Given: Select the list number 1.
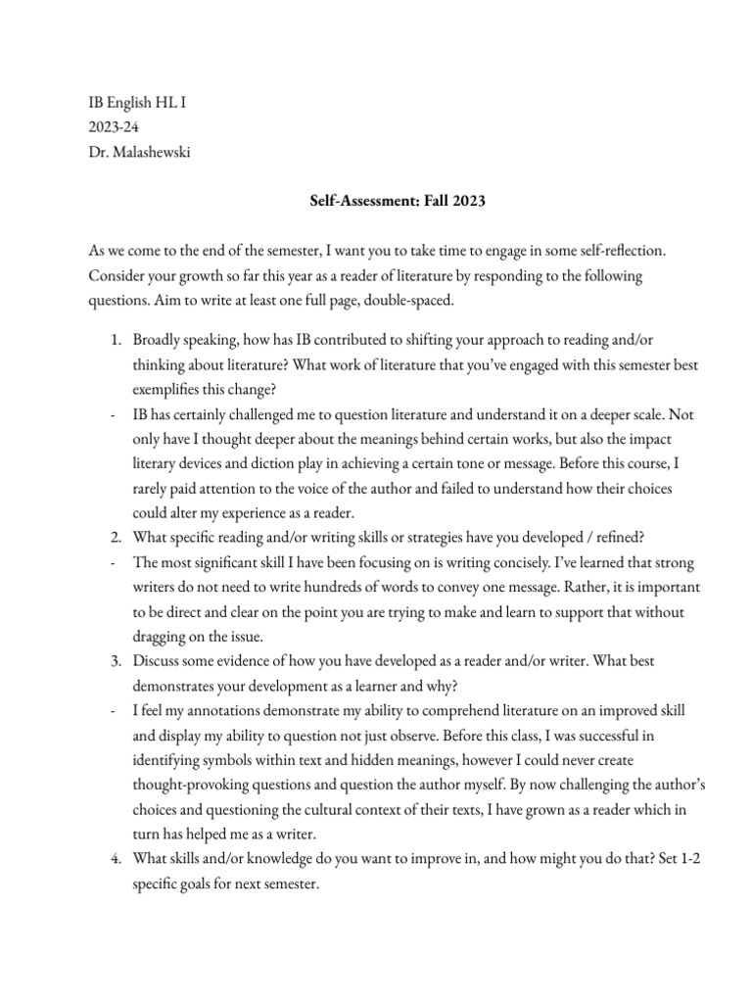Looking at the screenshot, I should coord(115,340).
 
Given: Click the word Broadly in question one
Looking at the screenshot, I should coord(159,340).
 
